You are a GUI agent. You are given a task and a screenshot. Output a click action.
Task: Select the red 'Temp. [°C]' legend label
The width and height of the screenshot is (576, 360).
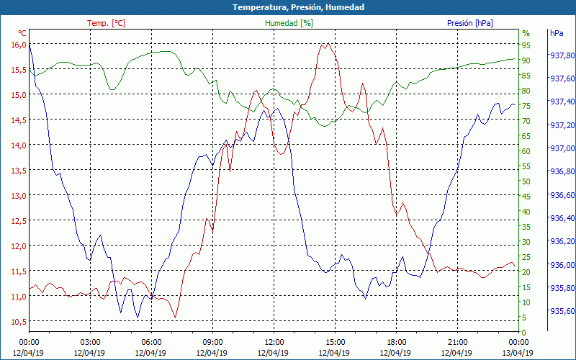click(106, 23)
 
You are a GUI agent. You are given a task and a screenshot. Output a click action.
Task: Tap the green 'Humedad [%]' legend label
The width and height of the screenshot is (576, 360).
click(289, 23)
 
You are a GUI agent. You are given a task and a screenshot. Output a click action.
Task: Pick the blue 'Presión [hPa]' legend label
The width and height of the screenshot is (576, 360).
click(470, 23)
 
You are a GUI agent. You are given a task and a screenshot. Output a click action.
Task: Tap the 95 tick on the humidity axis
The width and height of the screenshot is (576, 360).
click(526, 45)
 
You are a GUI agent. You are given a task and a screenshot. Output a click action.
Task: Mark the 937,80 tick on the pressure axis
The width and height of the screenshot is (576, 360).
click(562, 55)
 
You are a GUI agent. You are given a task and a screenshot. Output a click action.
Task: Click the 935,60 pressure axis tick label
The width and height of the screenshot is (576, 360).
click(562, 311)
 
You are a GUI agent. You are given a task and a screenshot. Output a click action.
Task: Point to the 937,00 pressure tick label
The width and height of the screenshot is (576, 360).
click(562, 148)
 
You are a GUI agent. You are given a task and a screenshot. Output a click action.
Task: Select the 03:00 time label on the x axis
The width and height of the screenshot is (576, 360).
click(90, 341)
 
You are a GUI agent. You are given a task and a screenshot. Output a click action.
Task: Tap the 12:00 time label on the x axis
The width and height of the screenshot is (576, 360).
click(274, 341)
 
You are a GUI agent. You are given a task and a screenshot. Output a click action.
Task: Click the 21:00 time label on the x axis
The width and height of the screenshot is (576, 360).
click(457, 341)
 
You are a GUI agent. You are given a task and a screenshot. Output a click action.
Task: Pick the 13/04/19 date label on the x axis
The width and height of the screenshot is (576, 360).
click(518, 353)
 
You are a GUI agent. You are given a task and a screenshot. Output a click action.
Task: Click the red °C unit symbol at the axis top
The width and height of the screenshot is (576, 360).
click(22, 33)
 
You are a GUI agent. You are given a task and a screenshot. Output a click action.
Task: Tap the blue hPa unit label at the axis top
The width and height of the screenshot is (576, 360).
click(557, 33)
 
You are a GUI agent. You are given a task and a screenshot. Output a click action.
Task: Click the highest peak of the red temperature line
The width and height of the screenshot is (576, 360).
click(328, 43)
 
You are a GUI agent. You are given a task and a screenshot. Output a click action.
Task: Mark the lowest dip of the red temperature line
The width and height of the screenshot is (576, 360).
click(175, 317)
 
